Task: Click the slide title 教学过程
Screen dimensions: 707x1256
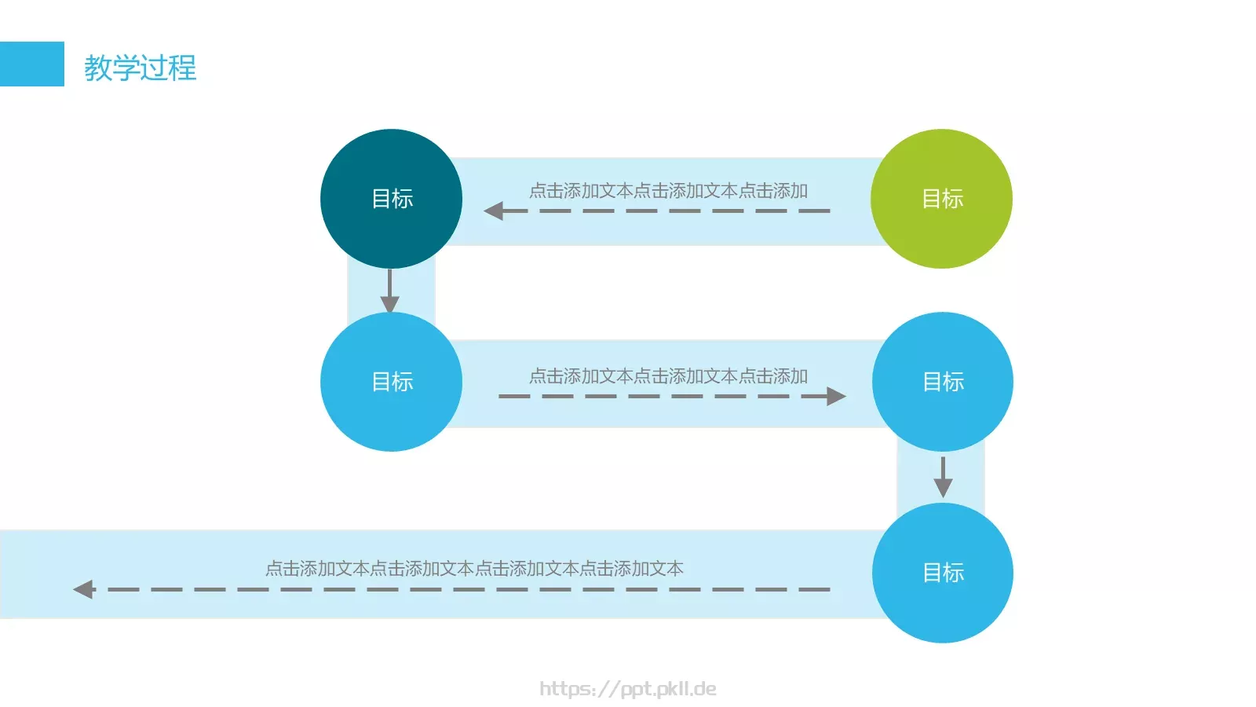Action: (140, 68)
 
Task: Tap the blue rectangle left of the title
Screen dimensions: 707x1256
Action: (31, 64)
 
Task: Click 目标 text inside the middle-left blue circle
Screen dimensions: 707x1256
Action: (392, 382)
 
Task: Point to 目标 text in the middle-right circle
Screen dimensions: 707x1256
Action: (943, 382)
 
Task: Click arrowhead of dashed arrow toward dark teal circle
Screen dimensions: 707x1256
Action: (494, 211)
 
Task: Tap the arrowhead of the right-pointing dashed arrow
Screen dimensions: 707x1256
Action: (836, 396)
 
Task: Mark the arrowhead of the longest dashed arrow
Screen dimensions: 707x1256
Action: (83, 589)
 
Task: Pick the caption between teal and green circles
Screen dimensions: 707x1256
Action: (668, 191)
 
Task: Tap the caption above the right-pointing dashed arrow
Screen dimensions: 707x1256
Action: (668, 376)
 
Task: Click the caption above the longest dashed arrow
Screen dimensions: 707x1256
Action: (474, 569)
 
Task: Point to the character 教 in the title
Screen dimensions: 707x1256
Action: (98, 68)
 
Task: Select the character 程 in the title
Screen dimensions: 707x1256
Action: (182, 68)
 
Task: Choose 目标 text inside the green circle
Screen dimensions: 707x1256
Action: (942, 199)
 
